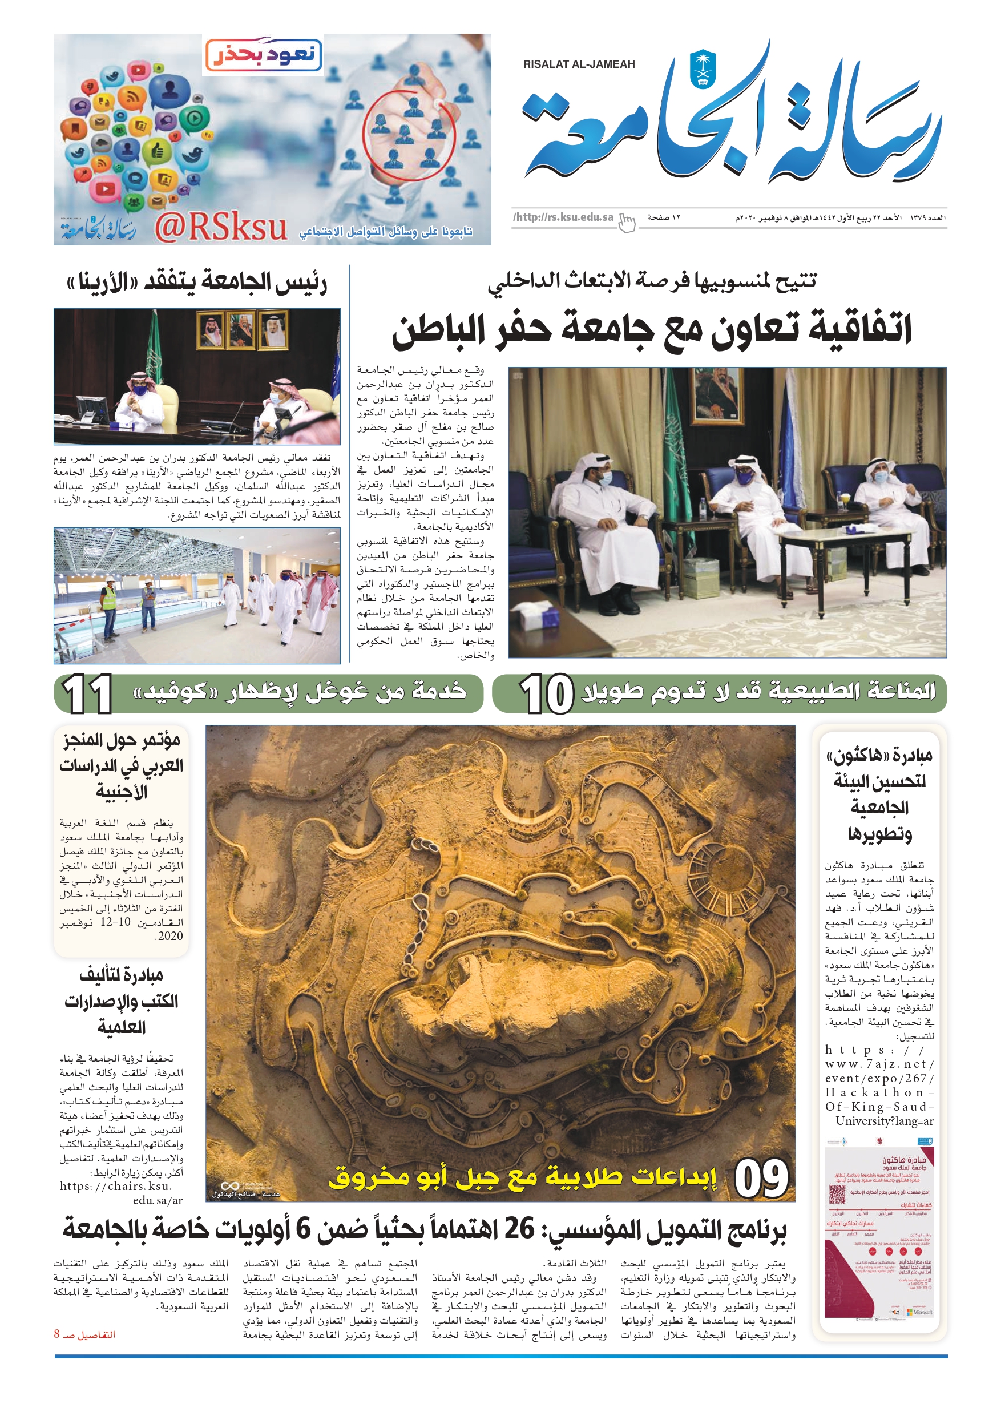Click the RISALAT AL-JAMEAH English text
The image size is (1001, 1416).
[x=579, y=64]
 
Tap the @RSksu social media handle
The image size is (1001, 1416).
[x=220, y=228]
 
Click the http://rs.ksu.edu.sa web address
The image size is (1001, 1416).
[x=563, y=217]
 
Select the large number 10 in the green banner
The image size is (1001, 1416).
[x=547, y=694]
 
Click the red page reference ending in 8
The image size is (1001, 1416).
[x=84, y=1334]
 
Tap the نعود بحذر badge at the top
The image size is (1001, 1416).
[x=264, y=55]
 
